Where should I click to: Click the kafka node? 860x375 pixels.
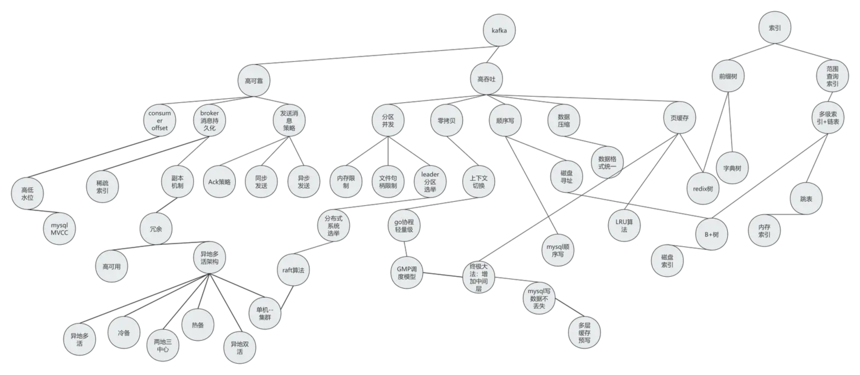[499, 30]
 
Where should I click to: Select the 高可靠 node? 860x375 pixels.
[254, 81]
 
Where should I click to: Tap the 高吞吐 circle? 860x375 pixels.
[487, 79]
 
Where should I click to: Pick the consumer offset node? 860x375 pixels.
[160, 121]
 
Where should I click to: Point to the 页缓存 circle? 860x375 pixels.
[679, 118]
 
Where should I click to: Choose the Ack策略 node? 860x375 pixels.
[219, 182]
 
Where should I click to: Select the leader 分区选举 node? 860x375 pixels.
[430, 182]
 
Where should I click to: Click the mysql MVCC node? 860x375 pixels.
[59, 229]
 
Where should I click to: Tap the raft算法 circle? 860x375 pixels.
[293, 270]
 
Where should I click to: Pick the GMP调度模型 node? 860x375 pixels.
[407, 273]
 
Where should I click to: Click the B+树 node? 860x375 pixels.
[711, 235]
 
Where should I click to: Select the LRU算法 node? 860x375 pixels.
[624, 225]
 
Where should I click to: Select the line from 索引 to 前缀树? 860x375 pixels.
[751, 52]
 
